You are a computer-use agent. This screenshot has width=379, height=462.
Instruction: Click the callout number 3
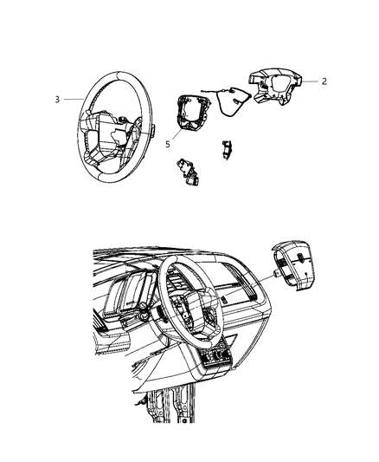coord(56,100)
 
